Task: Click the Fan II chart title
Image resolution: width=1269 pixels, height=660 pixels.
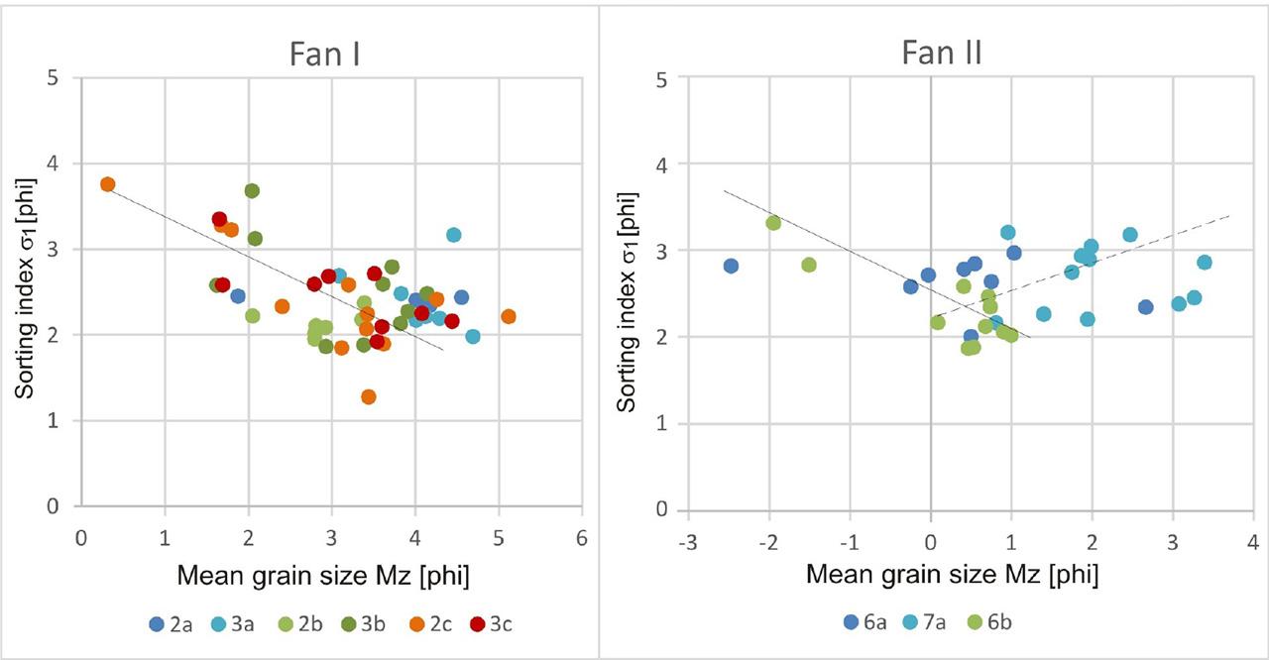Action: coord(941,52)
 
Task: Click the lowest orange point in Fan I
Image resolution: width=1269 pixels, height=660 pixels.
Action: coord(369,396)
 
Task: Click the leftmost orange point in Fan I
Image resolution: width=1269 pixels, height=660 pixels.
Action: coord(107,184)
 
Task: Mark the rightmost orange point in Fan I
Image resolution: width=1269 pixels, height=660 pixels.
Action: coord(509,316)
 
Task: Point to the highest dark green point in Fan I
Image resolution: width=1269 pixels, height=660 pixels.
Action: coord(252,190)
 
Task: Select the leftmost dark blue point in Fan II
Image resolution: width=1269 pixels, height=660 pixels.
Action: coord(731,266)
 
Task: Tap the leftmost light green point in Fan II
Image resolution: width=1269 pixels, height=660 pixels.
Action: coord(773,223)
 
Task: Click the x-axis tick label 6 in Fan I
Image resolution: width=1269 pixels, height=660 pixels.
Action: coord(581,536)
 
